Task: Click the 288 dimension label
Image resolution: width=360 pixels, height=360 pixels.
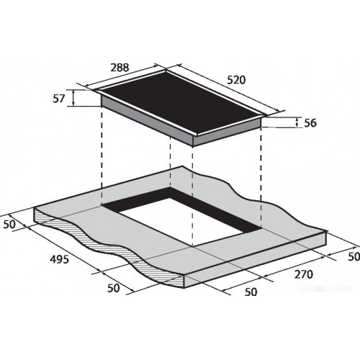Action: (120, 68)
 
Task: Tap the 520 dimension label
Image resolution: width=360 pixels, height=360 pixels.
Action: (236, 80)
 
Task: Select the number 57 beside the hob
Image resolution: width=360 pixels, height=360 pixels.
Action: (59, 99)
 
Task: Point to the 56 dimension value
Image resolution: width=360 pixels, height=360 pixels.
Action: (310, 123)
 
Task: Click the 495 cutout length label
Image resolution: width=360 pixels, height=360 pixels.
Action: (59, 259)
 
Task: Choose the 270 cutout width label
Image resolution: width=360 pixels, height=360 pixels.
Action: (304, 274)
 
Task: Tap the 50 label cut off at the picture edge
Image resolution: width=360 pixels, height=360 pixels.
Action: (354, 256)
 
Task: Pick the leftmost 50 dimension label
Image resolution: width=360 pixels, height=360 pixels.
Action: (9, 225)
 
